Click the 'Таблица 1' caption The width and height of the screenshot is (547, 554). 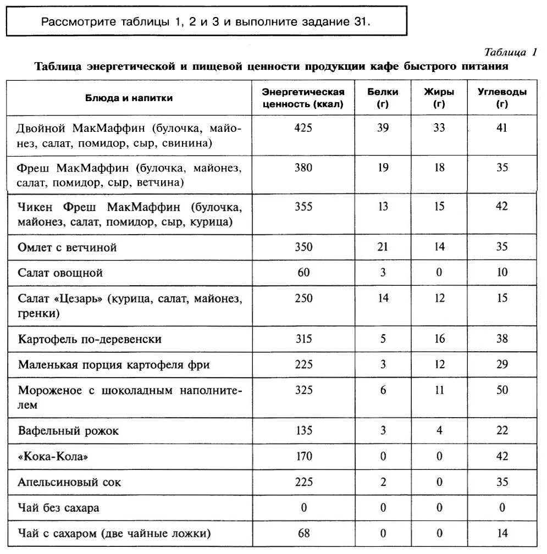click(x=510, y=53)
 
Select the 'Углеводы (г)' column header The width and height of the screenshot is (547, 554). click(x=501, y=98)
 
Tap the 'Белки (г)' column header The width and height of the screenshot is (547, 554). click(x=383, y=98)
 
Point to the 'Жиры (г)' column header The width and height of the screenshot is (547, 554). click(x=439, y=98)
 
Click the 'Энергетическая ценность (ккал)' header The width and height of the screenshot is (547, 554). click(x=303, y=98)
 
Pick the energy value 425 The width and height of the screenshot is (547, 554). click(x=303, y=128)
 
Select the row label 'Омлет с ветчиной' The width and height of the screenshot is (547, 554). click(x=68, y=247)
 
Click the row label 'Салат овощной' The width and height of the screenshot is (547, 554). click(x=60, y=273)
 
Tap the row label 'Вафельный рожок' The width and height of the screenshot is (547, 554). click(x=68, y=430)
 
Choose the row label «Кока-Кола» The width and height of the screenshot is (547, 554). click(x=53, y=457)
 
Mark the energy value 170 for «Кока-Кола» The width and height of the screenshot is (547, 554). click(x=303, y=456)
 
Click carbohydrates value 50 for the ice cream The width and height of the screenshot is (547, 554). click(x=501, y=390)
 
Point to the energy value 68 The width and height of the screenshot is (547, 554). click(x=303, y=533)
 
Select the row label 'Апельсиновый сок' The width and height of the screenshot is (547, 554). click(x=70, y=483)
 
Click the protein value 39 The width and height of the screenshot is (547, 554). click(x=383, y=128)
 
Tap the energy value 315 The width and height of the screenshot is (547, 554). click(x=303, y=339)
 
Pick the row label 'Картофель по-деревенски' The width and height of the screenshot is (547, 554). click(x=90, y=339)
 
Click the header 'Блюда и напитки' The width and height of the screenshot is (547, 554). click(x=129, y=98)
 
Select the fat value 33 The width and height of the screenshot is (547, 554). click(x=439, y=128)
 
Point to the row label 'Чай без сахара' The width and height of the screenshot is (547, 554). click(x=59, y=508)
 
